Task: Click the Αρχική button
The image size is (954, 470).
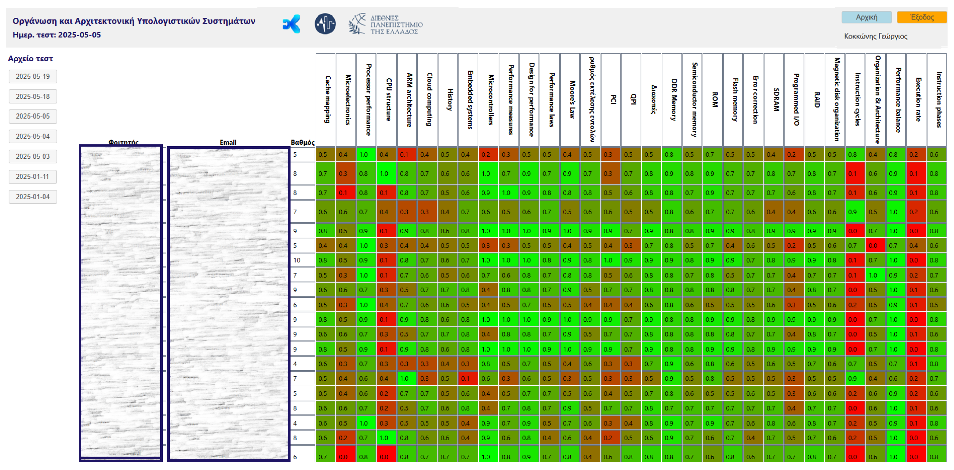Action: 866,17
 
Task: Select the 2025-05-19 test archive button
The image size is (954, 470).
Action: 32,77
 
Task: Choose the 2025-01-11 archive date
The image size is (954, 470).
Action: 32,177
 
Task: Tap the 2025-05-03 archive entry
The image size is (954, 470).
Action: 32,157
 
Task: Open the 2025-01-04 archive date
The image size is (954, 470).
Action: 32,197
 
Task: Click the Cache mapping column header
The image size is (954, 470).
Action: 325,100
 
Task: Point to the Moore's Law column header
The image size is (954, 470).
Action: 570,100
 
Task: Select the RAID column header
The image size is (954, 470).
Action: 814,100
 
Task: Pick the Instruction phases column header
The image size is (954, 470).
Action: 936,100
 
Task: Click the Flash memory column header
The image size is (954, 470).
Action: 733,100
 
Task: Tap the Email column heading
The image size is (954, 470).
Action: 228,142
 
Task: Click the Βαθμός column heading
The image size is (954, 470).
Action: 302,142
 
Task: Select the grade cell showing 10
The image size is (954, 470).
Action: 297,260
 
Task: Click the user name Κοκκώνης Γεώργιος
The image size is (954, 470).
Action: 876,36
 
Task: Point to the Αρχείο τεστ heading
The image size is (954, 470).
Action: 31,59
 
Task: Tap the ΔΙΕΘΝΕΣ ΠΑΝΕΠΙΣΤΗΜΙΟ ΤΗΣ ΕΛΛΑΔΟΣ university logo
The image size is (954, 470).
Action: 386,25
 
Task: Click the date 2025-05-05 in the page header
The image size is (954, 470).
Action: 79,35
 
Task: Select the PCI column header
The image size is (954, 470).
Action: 611,100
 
